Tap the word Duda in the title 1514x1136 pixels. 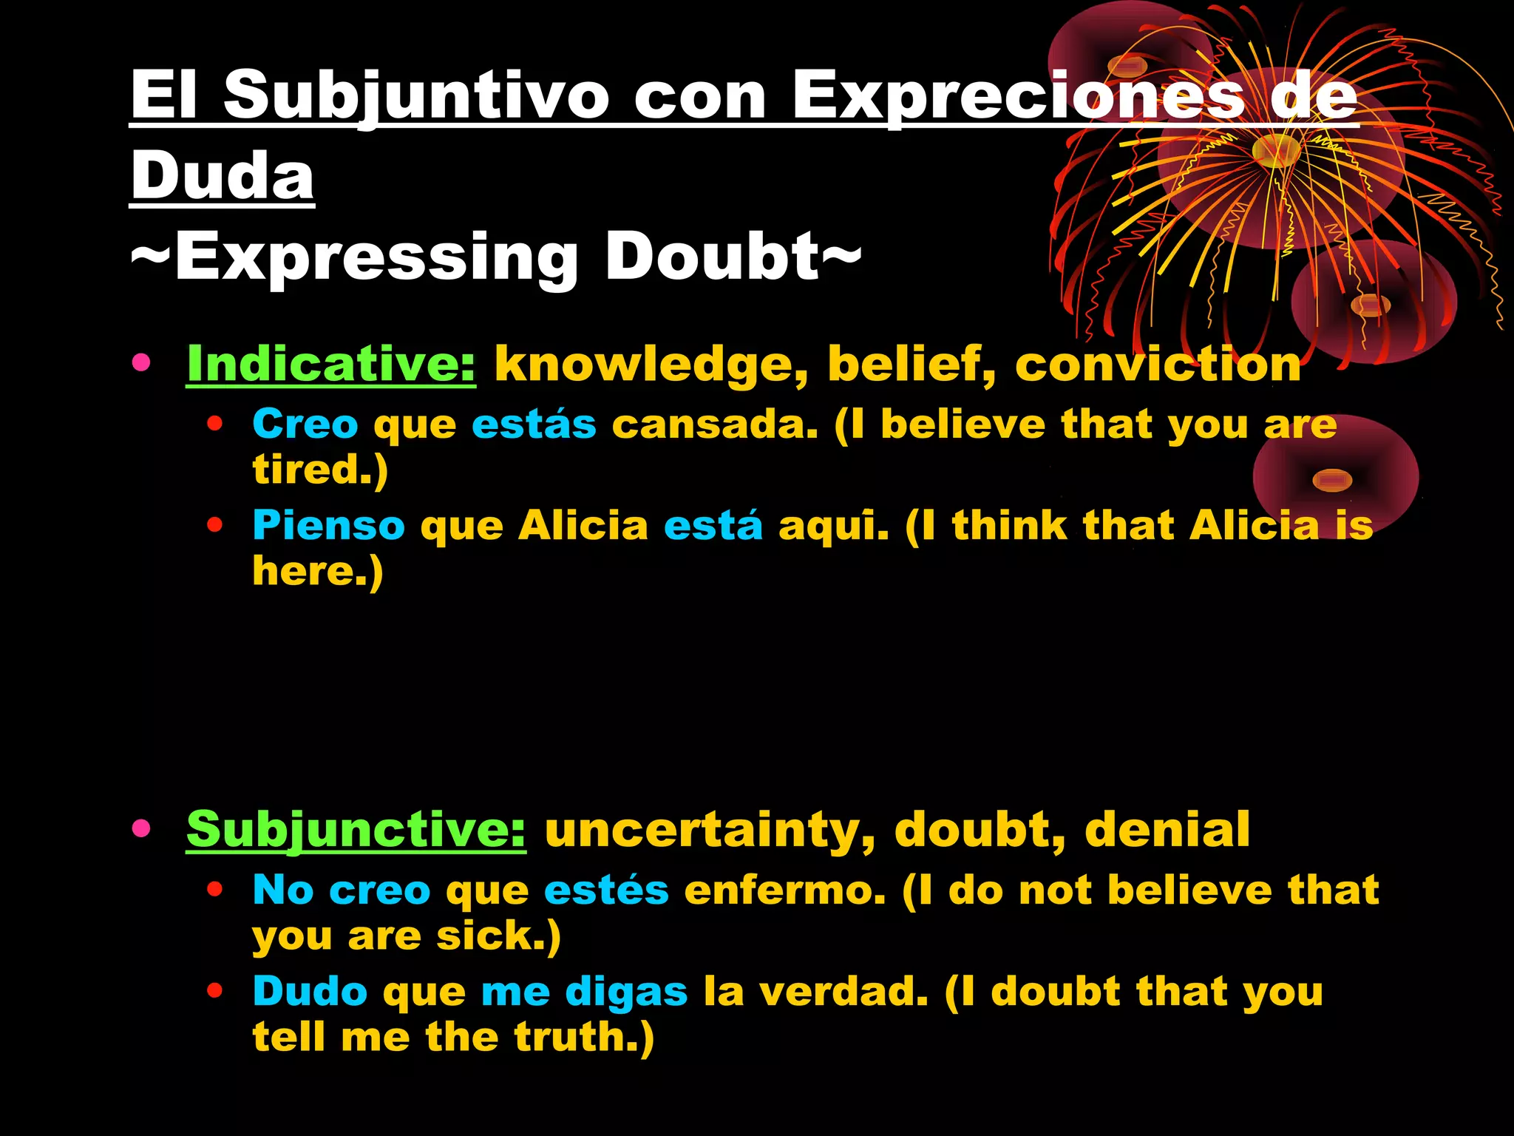[x=223, y=176]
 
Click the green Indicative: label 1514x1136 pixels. [x=331, y=364]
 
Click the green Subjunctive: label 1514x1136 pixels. [x=356, y=829]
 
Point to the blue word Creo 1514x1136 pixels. [x=305, y=425]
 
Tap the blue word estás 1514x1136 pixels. [x=534, y=425]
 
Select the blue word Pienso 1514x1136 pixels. [x=329, y=526]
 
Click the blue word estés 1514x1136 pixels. [x=606, y=890]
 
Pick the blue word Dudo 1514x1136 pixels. [x=310, y=991]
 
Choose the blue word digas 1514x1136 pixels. [x=626, y=993]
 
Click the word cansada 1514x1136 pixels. [x=715, y=425]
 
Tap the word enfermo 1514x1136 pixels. [x=784, y=890]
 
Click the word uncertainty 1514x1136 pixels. [x=710, y=830]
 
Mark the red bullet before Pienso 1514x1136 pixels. [x=215, y=525]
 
